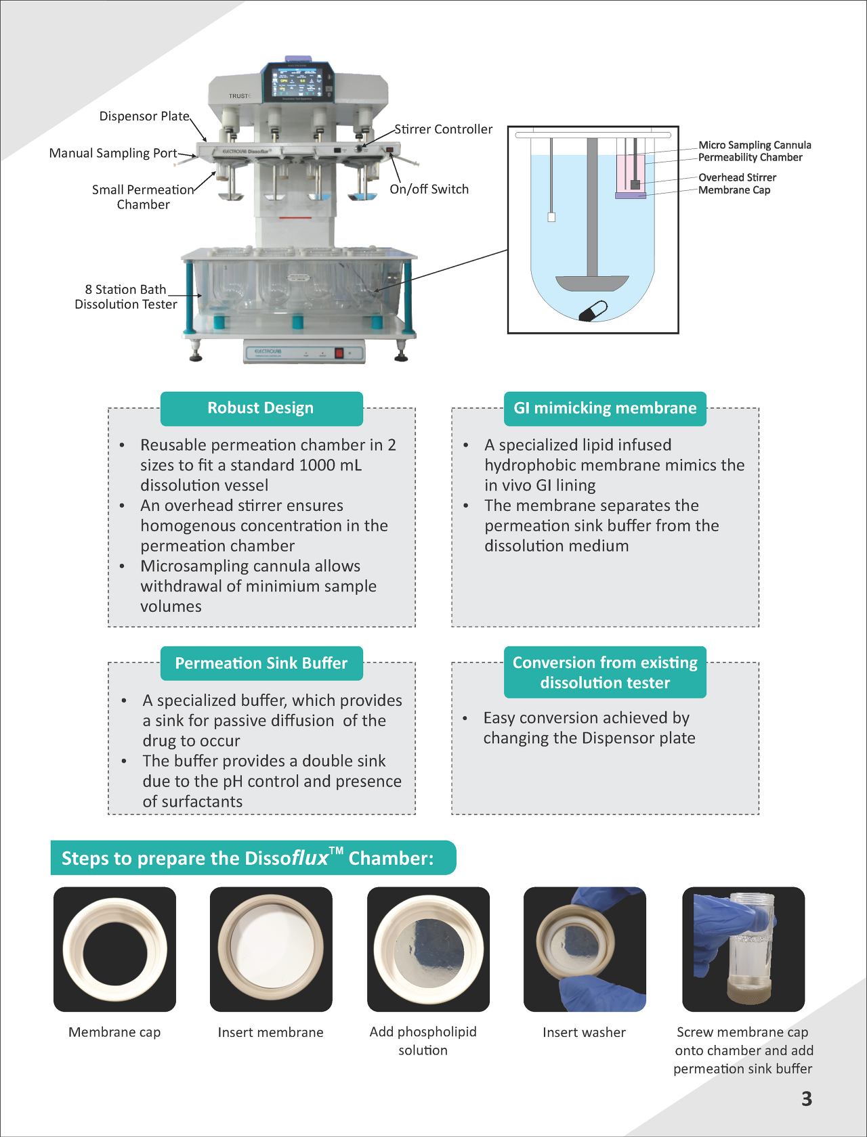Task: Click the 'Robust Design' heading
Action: (x=261, y=408)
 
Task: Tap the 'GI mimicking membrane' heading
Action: (x=605, y=408)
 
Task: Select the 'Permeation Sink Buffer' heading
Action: (x=261, y=663)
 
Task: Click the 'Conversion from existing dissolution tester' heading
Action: (x=605, y=672)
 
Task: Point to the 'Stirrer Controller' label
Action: (x=443, y=129)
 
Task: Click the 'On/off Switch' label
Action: (x=429, y=189)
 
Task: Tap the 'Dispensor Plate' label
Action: (x=144, y=116)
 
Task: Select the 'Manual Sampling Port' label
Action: (x=113, y=153)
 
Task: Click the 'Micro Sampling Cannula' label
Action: (x=755, y=145)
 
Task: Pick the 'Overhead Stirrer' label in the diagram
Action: (x=737, y=177)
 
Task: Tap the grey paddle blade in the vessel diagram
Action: (x=592, y=282)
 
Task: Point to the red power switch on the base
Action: (x=339, y=353)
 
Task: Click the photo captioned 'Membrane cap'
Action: (x=114, y=949)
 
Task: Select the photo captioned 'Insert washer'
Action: (x=585, y=949)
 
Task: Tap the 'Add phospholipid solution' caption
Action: (x=423, y=1040)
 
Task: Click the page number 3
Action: (x=806, y=1098)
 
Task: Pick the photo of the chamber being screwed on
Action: (x=743, y=949)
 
